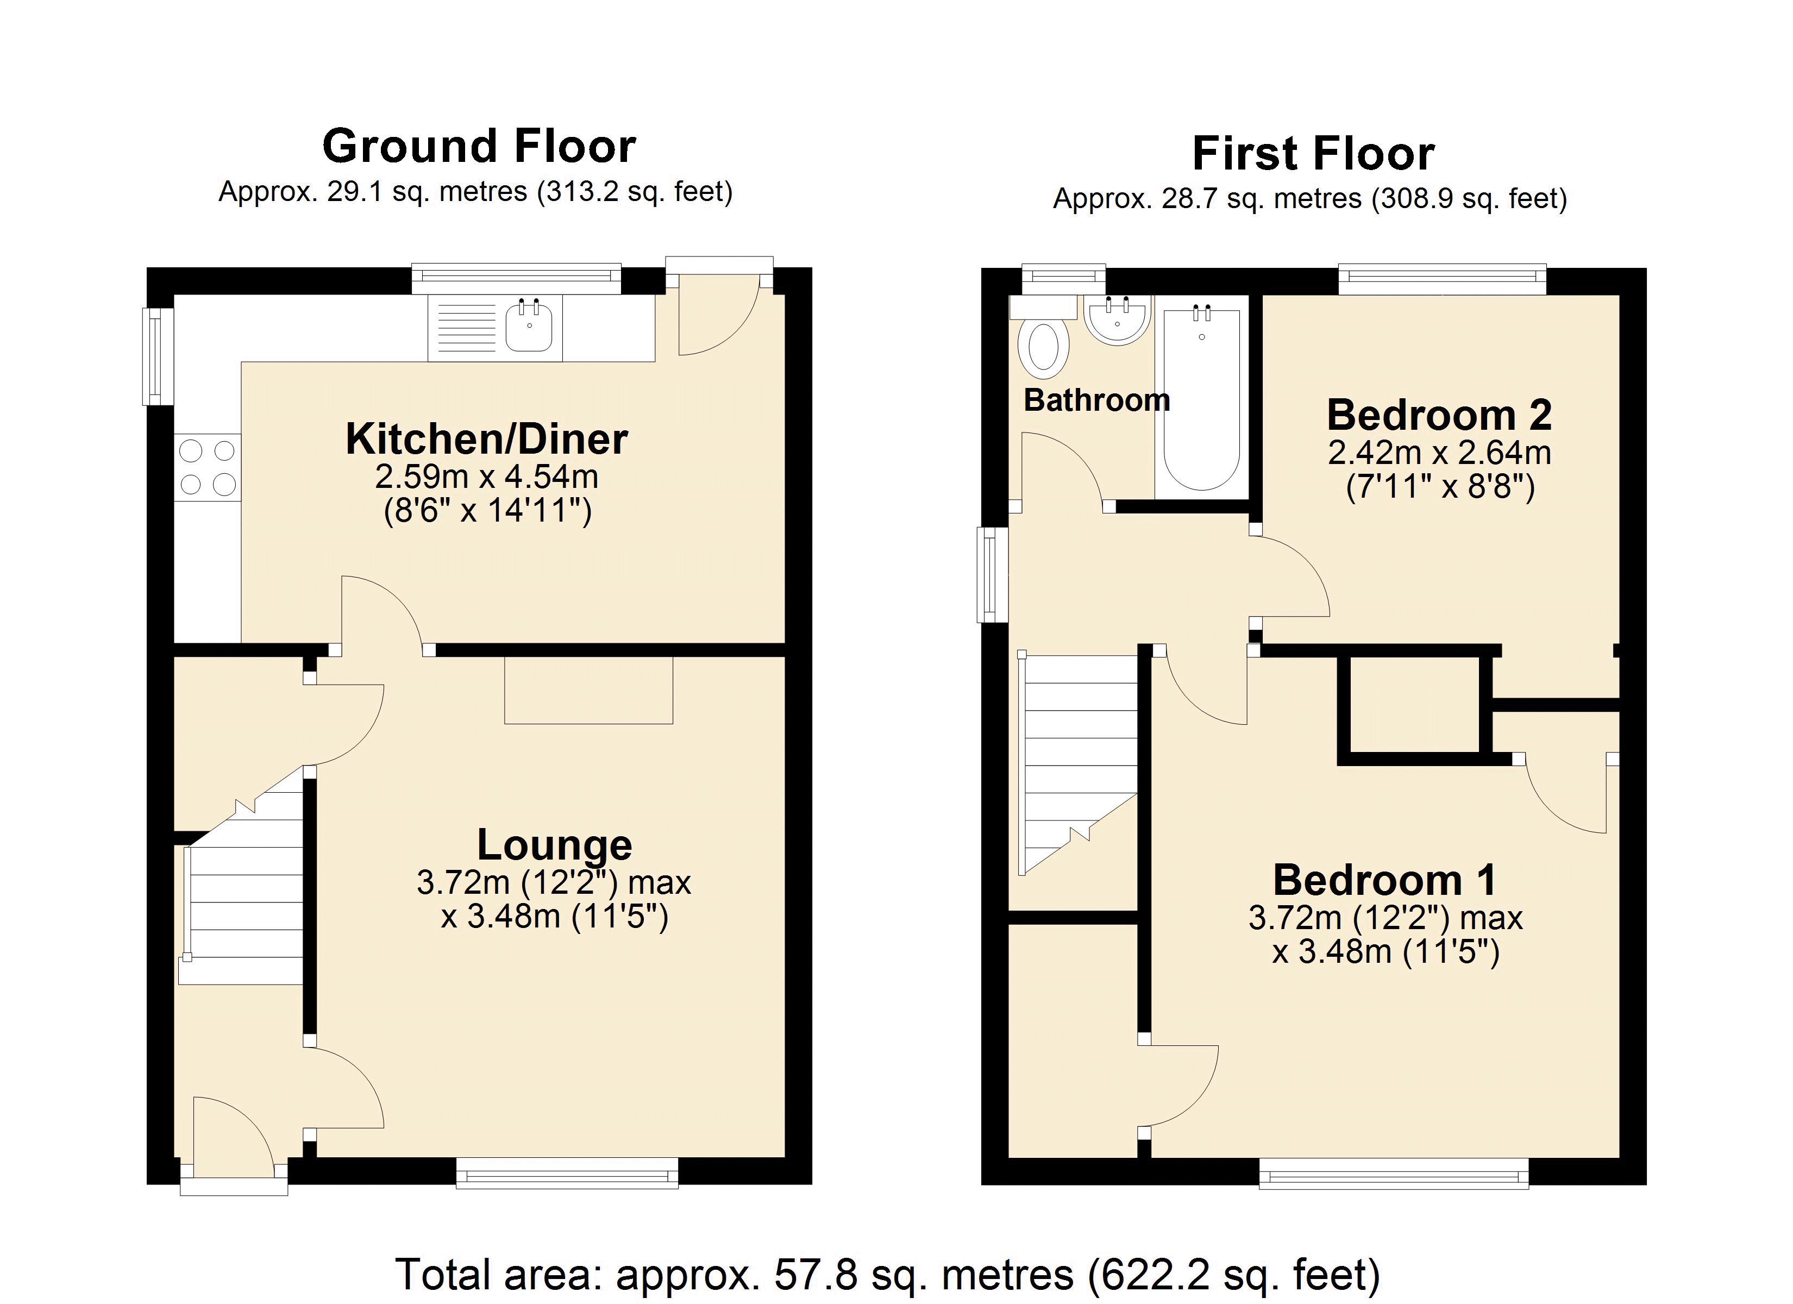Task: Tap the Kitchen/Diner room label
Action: pos(486,440)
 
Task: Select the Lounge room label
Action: pos(554,845)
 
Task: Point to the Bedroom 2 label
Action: pos(1439,415)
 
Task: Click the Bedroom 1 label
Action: pos(1385,880)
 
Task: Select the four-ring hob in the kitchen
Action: pos(207,467)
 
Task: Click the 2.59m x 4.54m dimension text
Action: pos(486,477)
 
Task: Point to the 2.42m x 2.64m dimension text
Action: pos(1439,453)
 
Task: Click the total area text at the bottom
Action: pos(887,1274)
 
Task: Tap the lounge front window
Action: pos(567,1173)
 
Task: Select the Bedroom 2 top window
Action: pos(1441,278)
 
